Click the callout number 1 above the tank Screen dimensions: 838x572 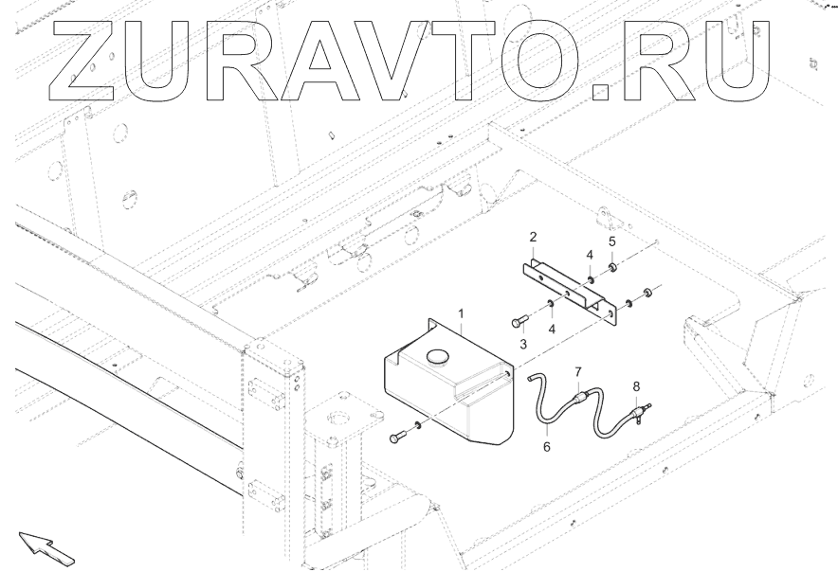click(x=462, y=312)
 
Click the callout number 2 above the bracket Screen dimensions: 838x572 click(x=534, y=236)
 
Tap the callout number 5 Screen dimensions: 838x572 click(x=611, y=241)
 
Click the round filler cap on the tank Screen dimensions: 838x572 click(x=439, y=357)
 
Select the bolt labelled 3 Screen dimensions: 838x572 click(x=519, y=319)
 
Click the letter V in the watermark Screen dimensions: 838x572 click(x=383, y=61)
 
